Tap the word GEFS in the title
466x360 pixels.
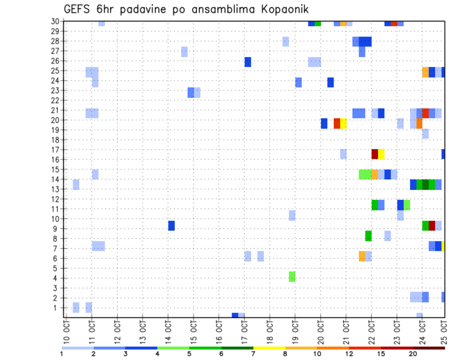[x=78, y=10]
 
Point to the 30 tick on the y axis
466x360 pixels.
[x=55, y=21]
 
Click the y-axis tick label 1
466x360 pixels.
[x=57, y=308]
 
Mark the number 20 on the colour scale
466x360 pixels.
[x=413, y=353]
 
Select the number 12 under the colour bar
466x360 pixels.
[x=349, y=353]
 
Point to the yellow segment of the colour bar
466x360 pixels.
[x=269, y=348]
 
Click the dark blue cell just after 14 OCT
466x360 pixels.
[x=171, y=226]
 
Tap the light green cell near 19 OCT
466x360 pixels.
[x=292, y=277]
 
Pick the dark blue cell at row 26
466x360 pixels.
[x=248, y=62]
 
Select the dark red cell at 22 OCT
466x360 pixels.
[x=375, y=154]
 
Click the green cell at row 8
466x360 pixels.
[x=368, y=236]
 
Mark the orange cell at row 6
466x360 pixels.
[x=362, y=256]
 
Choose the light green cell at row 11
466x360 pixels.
[x=407, y=205]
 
